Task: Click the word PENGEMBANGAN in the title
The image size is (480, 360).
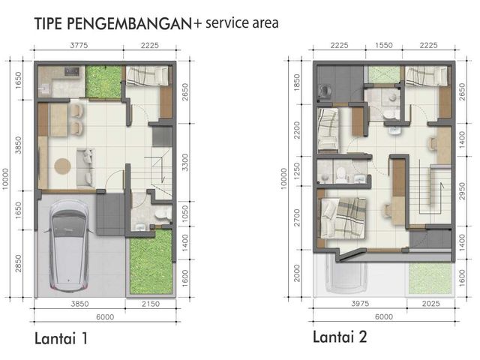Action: click(x=129, y=24)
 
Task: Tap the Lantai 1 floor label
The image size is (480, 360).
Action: click(x=61, y=338)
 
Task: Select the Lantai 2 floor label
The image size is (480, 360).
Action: click(x=340, y=337)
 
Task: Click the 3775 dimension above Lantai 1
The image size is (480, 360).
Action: click(x=79, y=45)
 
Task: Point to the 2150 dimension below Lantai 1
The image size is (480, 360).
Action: click(x=151, y=304)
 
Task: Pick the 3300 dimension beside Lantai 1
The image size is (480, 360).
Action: click(x=185, y=162)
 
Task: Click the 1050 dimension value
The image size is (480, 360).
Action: click(x=185, y=214)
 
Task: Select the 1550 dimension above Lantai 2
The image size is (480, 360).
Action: click(x=384, y=45)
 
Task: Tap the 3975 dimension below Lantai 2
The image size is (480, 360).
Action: click(x=360, y=303)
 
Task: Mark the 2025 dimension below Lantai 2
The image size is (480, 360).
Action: click(x=430, y=303)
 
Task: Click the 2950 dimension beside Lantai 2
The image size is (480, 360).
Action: click(x=462, y=191)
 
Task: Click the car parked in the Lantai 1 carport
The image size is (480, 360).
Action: click(x=69, y=246)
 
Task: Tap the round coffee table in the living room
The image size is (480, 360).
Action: click(x=63, y=166)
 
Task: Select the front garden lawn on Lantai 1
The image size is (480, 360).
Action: click(x=151, y=262)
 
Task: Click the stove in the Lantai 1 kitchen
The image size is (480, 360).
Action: click(x=72, y=72)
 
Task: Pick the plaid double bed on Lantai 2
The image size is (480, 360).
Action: click(x=342, y=218)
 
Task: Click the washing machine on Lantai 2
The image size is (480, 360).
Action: click(x=324, y=91)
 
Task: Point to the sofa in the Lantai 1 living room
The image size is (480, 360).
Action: click(x=85, y=167)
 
